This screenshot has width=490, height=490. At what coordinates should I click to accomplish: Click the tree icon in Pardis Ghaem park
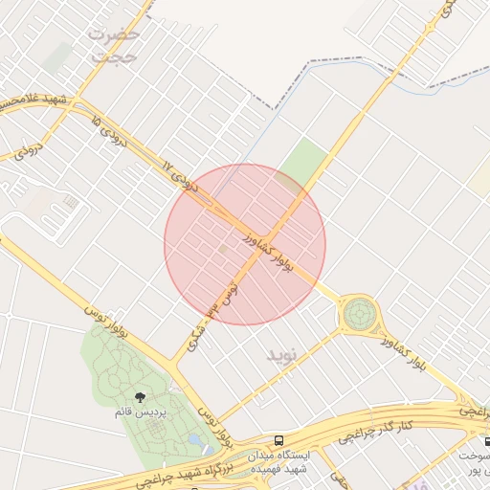pos(141,395)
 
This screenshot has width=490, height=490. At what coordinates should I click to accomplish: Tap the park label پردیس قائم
pos(141,412)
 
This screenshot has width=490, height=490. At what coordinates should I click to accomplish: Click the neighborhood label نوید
pos(282,356)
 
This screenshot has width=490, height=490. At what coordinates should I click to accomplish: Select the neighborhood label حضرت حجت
pos(115,46)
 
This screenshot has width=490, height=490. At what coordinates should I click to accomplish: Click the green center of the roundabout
pos(360,312)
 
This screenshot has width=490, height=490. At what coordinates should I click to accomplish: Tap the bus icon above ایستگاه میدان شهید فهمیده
pos(278,441)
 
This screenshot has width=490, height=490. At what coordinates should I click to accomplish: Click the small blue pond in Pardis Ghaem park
pos(195,439)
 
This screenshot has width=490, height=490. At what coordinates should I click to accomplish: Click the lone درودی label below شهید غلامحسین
pos(29,150)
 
